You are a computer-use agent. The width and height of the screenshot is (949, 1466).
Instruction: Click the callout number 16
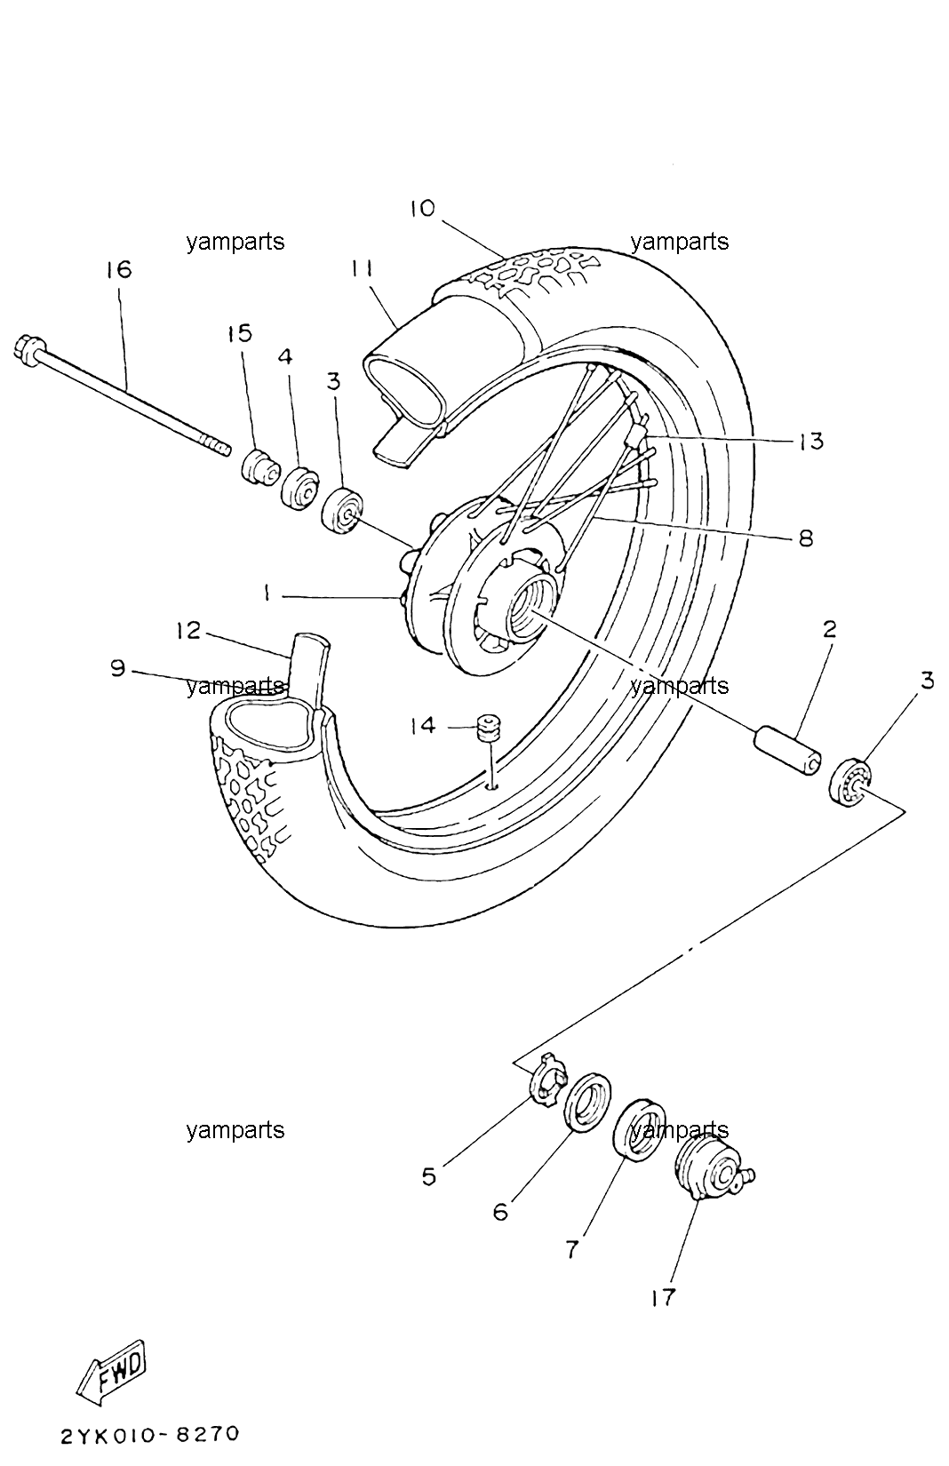pos(119,269)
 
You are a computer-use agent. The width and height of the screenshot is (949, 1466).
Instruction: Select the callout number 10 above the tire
pos(423,209)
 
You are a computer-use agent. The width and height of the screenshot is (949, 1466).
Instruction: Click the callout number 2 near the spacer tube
pos(829,630)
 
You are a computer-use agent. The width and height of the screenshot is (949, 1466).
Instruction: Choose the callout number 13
pos(811,441)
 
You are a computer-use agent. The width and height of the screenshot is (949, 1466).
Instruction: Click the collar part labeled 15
pos(260,467)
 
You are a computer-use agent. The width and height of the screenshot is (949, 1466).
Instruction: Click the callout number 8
pos(806,538)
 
